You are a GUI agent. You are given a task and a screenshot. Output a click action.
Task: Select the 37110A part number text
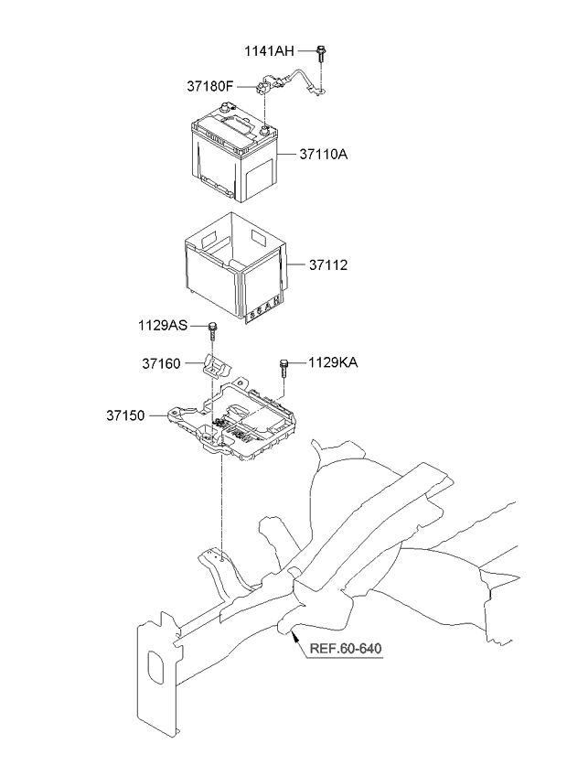(x=324, y=154)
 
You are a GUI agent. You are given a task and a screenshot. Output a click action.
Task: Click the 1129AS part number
(x=164, y=326)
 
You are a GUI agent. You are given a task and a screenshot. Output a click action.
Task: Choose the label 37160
(x=164, y=364)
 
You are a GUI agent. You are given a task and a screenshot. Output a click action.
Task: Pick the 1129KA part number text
(x=333, y=363)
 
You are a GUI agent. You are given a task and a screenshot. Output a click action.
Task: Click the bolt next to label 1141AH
(x=323, y=54)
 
